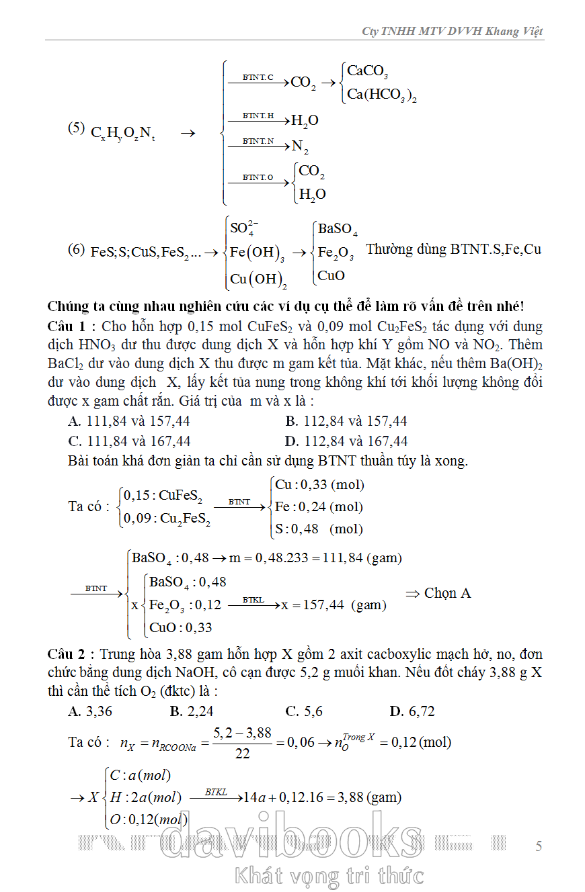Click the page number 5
coord(539,846)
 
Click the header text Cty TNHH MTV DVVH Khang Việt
coord(452,32)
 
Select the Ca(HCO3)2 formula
coord(381,95)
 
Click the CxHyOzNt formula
coord(123,133)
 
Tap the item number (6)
coord(77,250)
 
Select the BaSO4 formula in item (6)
coord(338,230)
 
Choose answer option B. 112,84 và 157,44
coord(346,422)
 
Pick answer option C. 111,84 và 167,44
coord(129,441)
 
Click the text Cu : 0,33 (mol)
coord(319,485)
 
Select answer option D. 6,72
coord(412,711)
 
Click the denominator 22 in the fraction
coord(243,754)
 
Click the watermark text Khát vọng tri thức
coord(329,876)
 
